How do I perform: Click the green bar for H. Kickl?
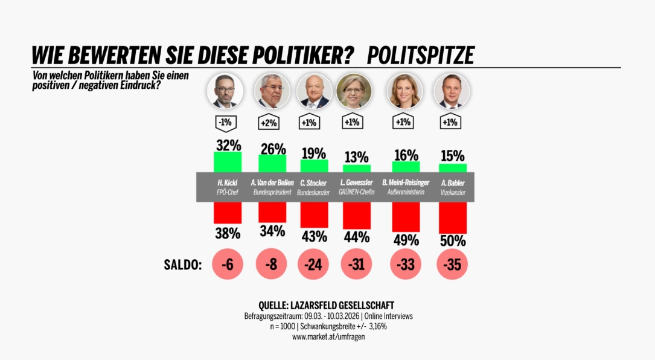pos(228,162)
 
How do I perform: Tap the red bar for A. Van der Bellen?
pos(272,212)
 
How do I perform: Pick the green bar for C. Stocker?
pos(314,166)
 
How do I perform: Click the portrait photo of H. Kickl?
pos(225,92)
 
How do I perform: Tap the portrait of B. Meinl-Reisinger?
pos(404,92)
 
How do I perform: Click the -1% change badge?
pos(225,123)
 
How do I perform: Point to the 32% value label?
pos(228,145)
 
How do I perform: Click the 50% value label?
pos(452,240)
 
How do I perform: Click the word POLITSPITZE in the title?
pos(420,55)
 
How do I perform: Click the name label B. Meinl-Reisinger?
pos(405,182)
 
